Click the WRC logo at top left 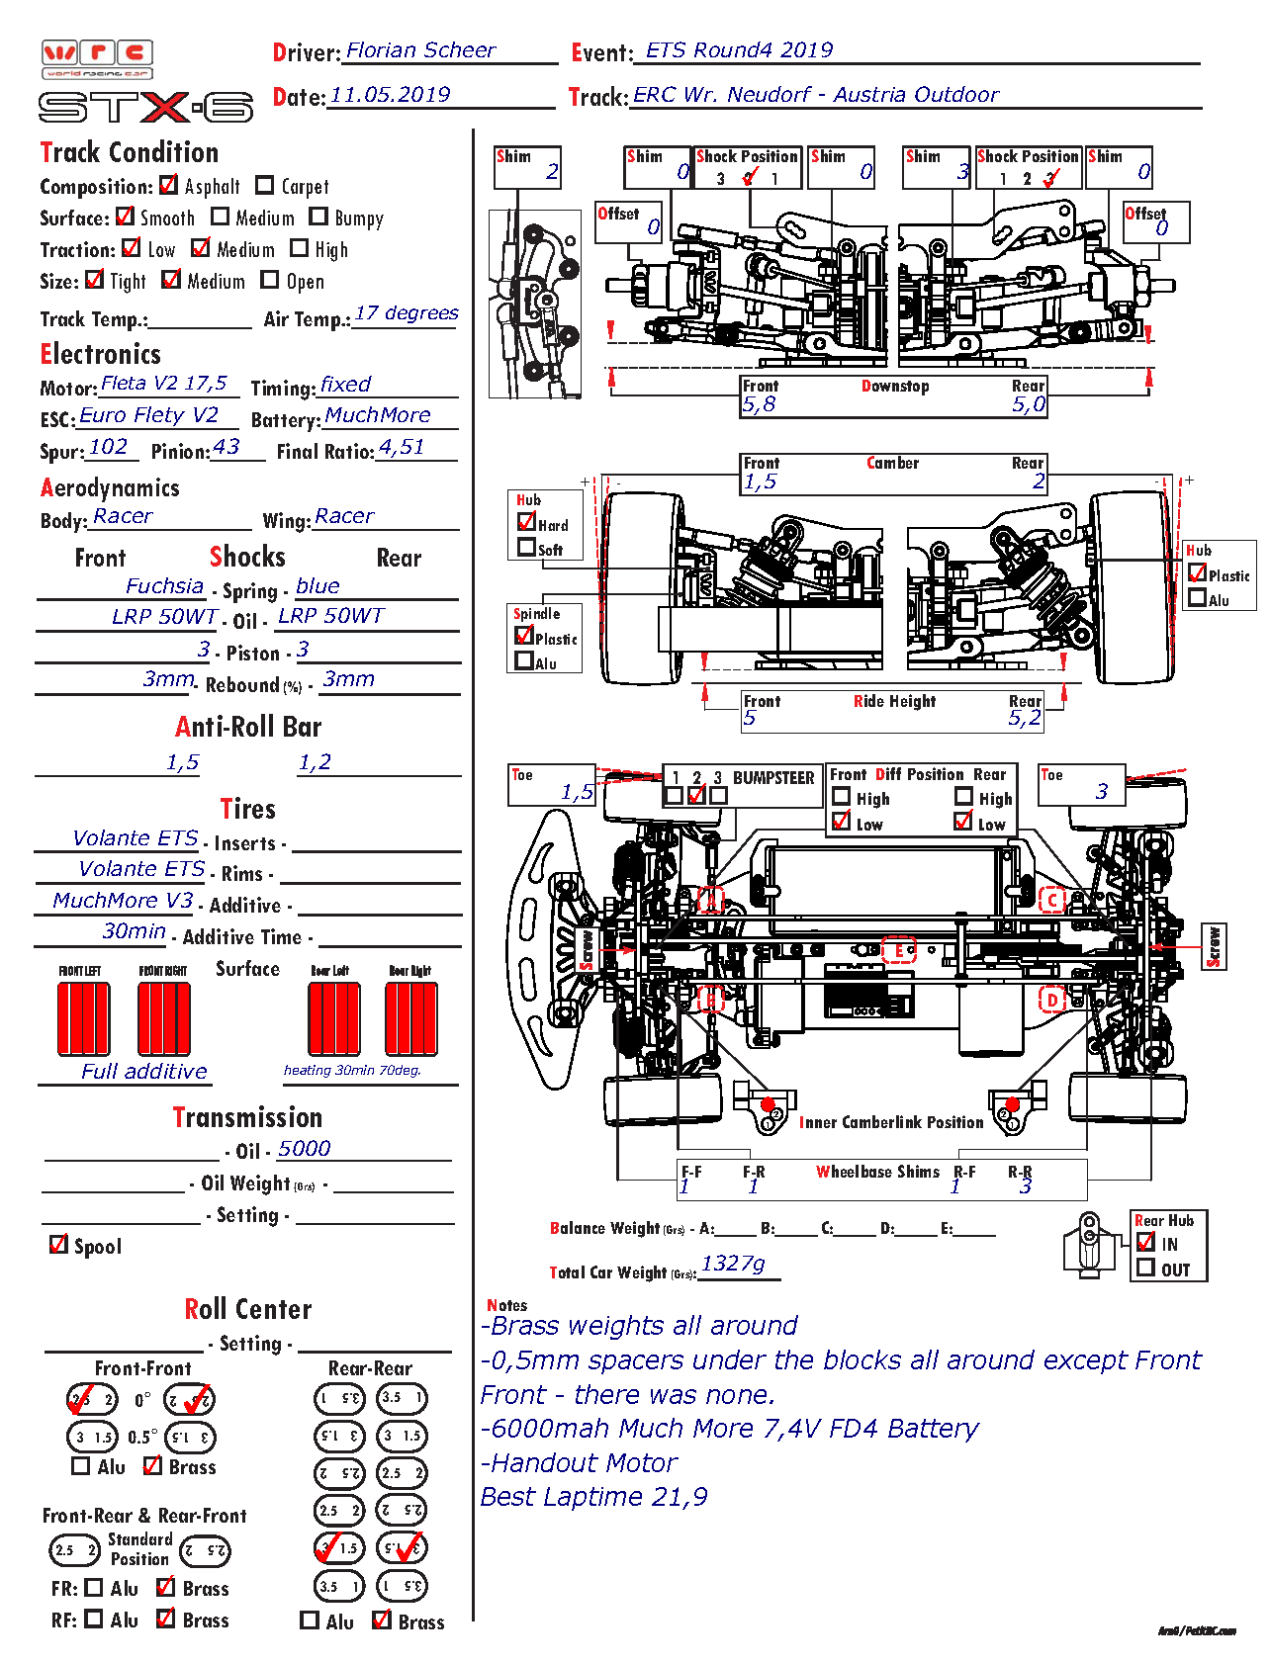[98, 58]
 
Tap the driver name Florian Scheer [420, 50]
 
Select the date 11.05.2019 [390, 95]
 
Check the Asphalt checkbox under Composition [169, 185]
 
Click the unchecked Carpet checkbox [264, 185]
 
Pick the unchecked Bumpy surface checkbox [318, 217]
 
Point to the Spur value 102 [108, 447]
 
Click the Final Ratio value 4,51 [402, 447]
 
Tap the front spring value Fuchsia [164, 586]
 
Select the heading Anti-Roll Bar [248, 728]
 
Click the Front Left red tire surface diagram [83, 1019]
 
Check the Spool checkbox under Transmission [59, 1244]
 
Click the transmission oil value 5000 [304, 1149]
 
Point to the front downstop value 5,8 [759, 403]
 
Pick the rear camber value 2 [1038, 482]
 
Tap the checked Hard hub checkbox [527, 522]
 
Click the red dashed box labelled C [1051, 900]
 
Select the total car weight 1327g [733, 1264]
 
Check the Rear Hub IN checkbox [1146, 1242]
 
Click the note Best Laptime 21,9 [593, 1497]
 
